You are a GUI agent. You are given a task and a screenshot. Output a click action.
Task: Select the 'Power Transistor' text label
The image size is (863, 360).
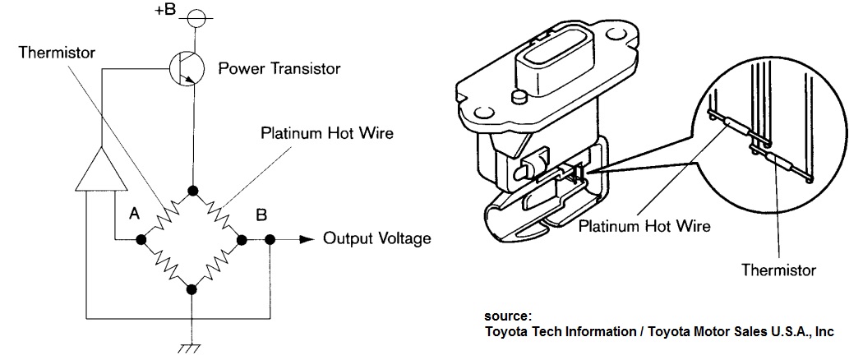coord(279,69)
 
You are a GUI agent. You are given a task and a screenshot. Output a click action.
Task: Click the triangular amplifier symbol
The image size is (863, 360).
coord(99,168)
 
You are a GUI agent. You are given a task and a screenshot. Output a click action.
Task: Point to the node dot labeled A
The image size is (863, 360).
coord(141,239)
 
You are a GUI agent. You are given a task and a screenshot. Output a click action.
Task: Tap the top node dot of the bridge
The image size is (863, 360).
coord(192,192)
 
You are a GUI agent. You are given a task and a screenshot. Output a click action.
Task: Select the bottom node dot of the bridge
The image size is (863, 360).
coord(192,288)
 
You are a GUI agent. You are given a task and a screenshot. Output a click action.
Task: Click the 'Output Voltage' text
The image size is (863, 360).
coord(376,239)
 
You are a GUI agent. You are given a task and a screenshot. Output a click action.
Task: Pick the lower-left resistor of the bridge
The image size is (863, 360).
coord(166,264)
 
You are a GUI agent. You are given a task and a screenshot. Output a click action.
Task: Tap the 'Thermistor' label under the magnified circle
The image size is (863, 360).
coord(778,270)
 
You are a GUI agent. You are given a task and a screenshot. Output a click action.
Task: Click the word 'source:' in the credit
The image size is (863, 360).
coord(507,316)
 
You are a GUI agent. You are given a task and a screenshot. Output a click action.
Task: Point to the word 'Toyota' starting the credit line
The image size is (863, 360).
coord(508,331)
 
